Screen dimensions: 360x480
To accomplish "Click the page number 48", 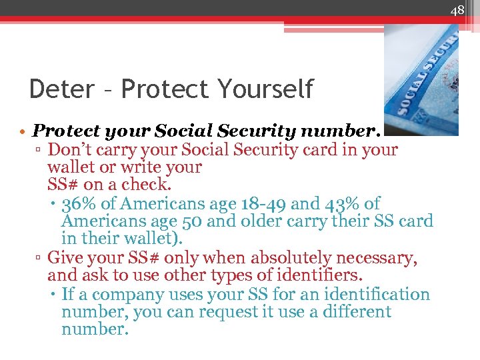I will tap(457, 9).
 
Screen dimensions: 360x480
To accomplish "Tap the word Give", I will tap(66, 257).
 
